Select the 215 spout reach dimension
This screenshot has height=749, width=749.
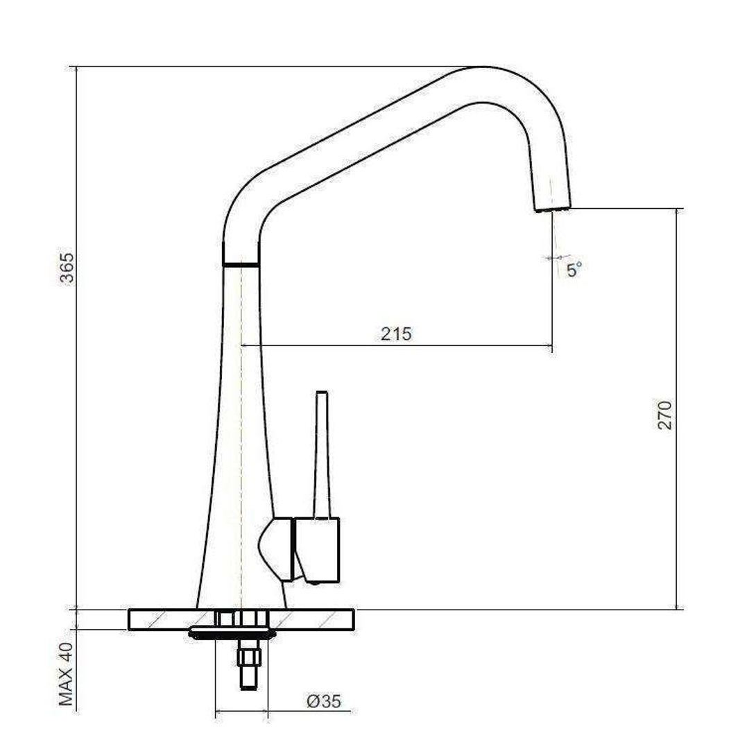click(x=396, y=334)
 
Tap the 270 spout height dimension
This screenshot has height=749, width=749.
click(x=664, y=415)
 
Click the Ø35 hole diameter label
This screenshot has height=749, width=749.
click(x=324, y=701)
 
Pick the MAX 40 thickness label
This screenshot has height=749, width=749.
click(x=67, y=674)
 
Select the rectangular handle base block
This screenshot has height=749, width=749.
click(x=318, y=550)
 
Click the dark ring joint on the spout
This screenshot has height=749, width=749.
click(x=240, y=264)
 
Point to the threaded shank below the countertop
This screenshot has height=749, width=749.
click(x=250, y=666)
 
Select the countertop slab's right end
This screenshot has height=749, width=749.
click(x=340, y=619)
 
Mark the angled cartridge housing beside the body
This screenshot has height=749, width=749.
click(x=277, y=548)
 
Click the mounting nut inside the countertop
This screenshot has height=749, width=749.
click(x=241, y=618)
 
